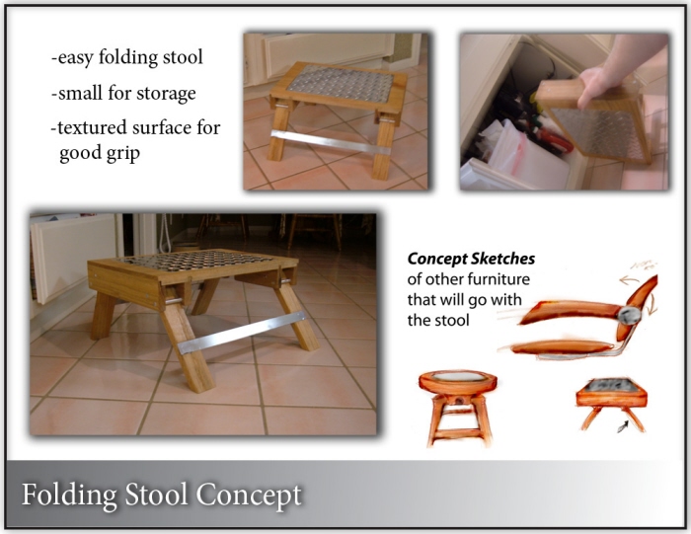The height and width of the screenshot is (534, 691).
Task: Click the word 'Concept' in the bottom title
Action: tap(249, 496)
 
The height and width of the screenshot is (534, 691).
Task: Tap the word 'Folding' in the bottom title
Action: tap(70, 496)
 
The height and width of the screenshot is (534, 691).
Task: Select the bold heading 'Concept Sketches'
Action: tap(471, 259)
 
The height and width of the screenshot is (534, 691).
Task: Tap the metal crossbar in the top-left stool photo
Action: tap(331, 142)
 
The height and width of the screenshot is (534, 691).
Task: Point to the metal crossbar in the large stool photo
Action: tap(241, 333)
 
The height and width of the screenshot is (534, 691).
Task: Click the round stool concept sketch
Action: tap(457, 409)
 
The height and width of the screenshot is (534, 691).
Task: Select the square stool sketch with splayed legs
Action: tap(612, 404)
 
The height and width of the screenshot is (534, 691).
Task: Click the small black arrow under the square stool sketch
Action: tap(623, 426)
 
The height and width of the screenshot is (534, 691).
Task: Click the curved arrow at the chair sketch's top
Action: tap(630, 279)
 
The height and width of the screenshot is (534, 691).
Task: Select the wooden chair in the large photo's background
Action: tap(315, 230)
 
